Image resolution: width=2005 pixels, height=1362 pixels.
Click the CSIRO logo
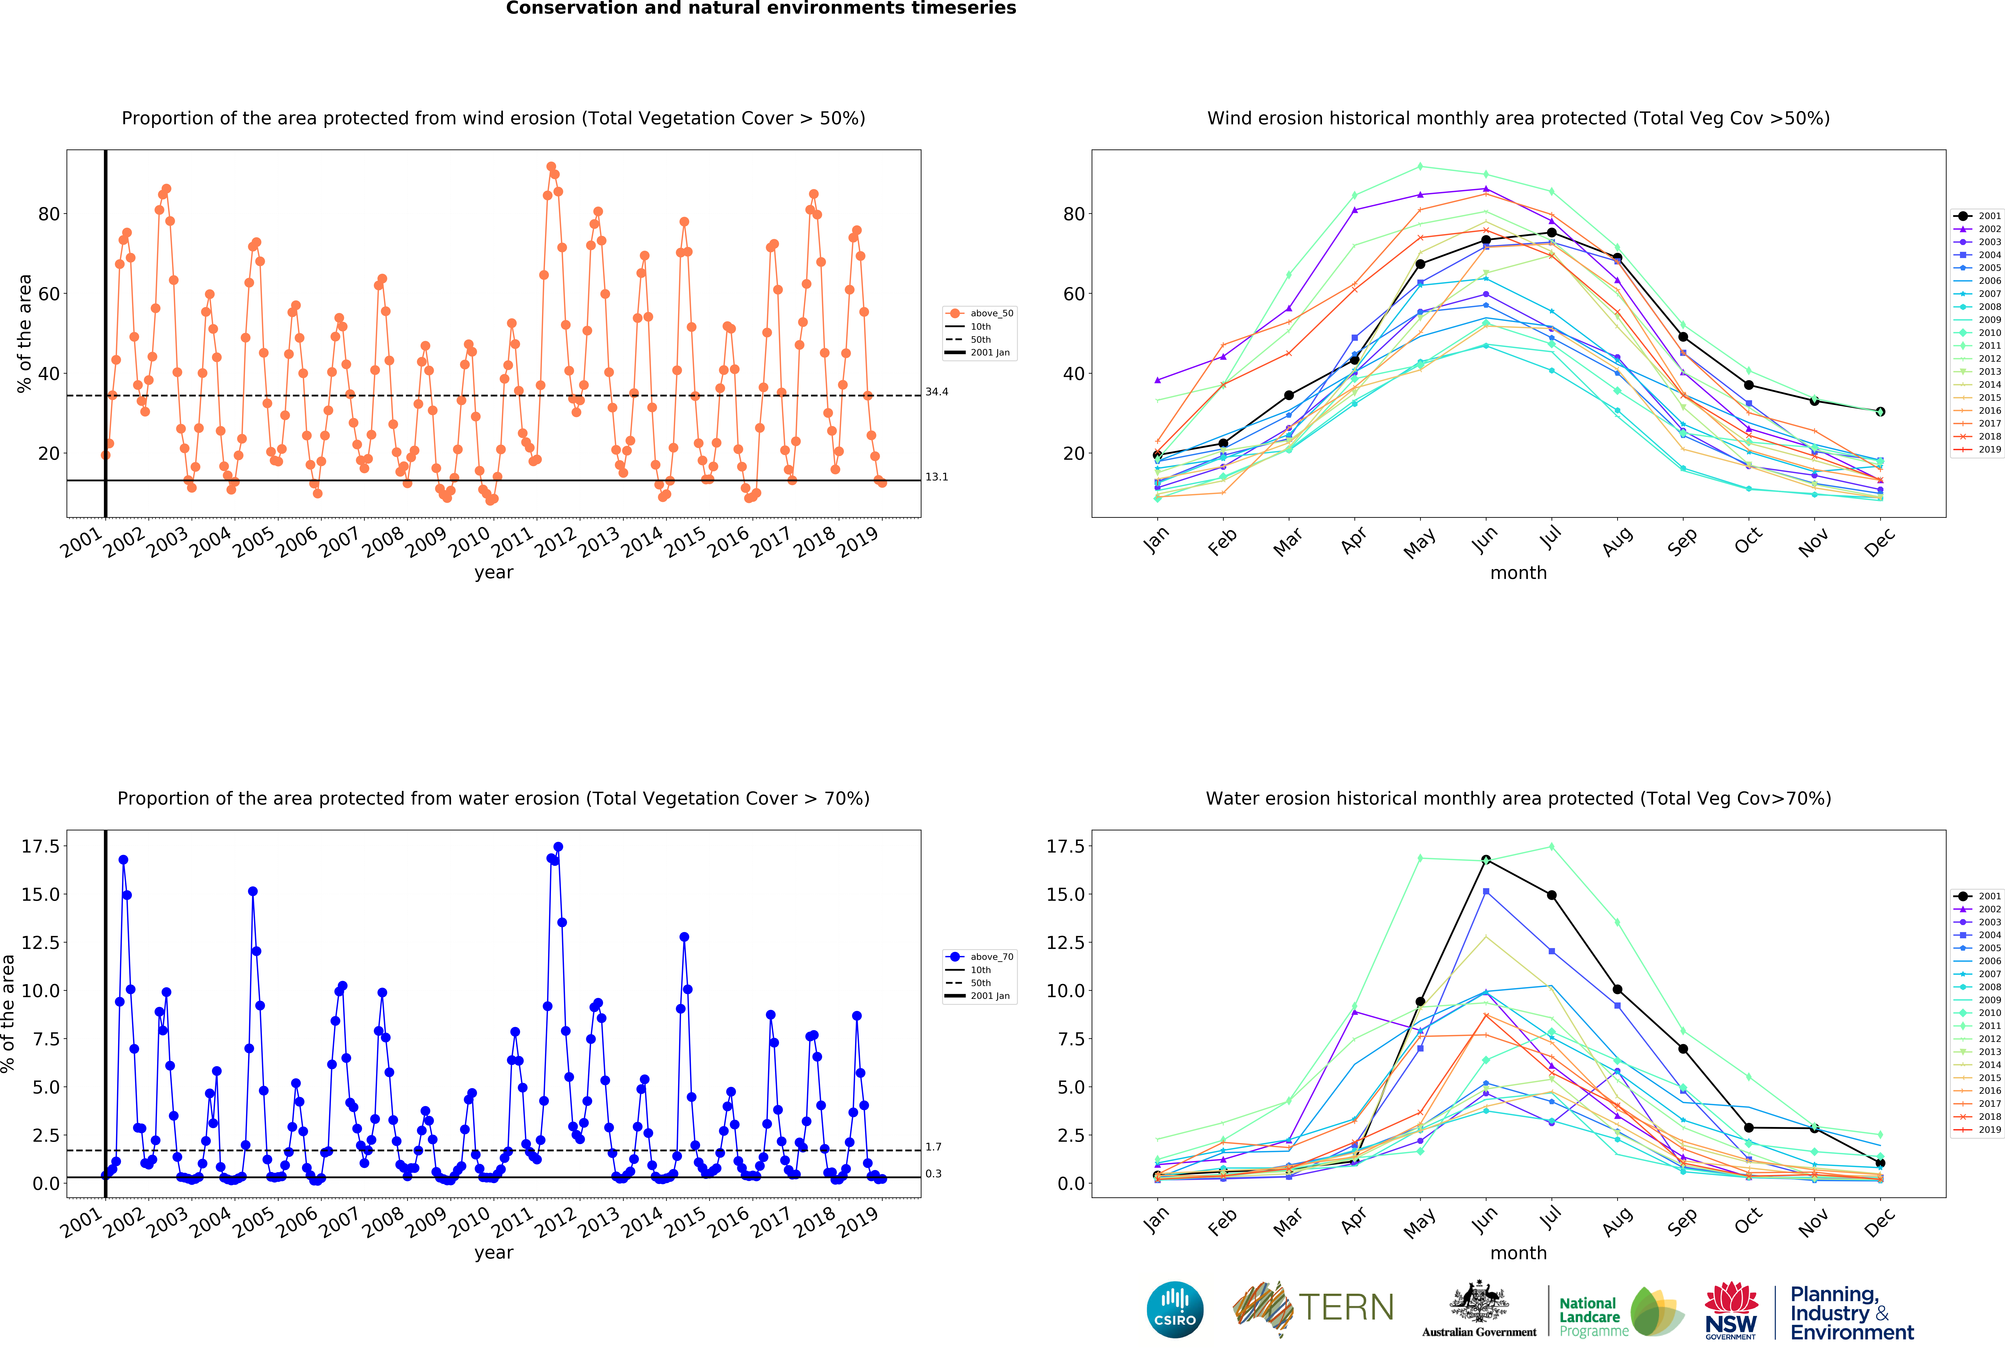(x=1175, y=1309)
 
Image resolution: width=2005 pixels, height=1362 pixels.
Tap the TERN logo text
(x=1346, y=1308)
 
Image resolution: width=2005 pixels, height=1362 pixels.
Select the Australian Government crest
(x=1479, y=1303)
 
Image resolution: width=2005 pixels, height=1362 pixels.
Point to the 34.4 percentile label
(x=937, y=392)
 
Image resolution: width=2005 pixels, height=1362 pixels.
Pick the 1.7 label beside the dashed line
(x=933, y=1147)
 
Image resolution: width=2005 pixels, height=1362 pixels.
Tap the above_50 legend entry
(x=980, y=313)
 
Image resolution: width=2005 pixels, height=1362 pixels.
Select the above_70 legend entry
(x=980, y=957)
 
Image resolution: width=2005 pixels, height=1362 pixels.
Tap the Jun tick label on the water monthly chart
(x=1485, y=1219)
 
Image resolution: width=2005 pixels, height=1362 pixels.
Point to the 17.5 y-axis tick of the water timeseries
(x=41, y=846)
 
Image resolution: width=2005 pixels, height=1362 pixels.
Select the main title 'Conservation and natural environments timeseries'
(x=761, y=9)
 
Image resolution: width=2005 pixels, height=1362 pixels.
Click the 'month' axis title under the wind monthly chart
(x=1518, y=573)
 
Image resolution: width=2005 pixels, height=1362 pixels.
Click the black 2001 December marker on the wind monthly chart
(x=1880, y=411)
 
